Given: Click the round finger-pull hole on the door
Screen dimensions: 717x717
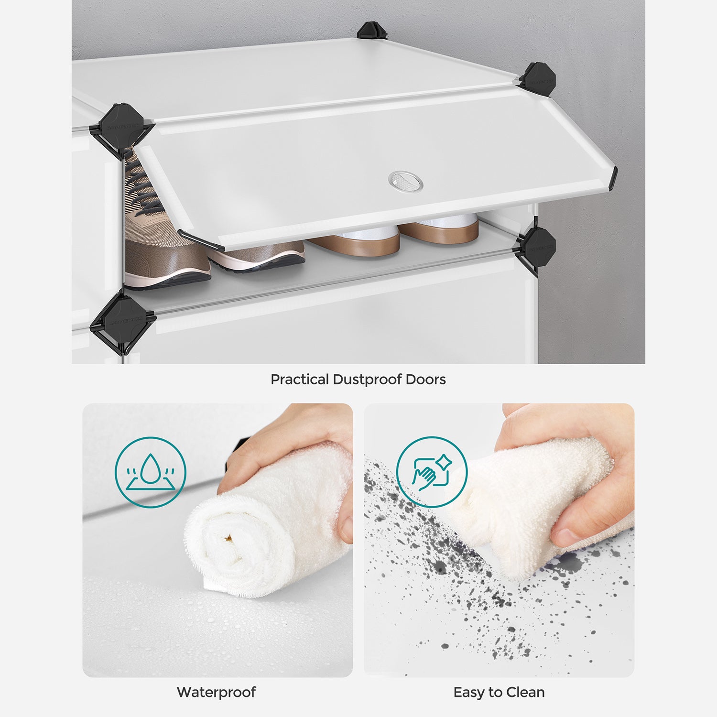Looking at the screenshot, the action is [x=405, y=181].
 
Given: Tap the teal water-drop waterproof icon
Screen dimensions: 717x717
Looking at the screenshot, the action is [x=150, y=472].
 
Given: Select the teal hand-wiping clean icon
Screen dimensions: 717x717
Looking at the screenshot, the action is [x=432, y=472].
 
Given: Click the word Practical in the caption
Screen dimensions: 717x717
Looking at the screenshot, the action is [x=300, y=380].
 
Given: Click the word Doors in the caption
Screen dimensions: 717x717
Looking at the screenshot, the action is [x=425, y=380].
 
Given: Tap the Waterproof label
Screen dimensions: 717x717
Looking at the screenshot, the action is [x=216, y=692].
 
